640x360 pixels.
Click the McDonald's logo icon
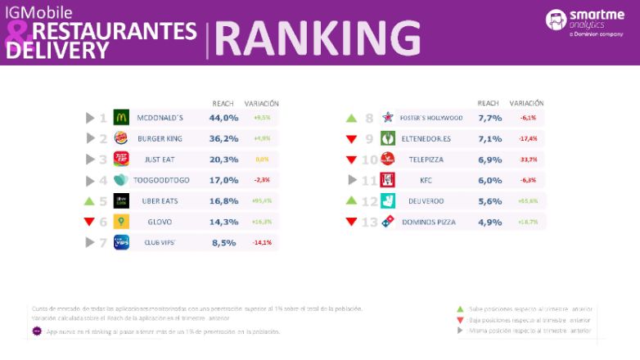(121, 118)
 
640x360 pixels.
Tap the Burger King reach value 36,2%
(223, 138)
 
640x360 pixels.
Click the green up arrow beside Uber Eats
(90, 200)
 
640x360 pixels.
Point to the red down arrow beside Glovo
(90, 222)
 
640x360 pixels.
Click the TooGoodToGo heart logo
(121, 180)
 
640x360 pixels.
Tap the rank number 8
(369, 118)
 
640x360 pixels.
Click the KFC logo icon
(388, 180)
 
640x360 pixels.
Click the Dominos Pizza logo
(388, 222)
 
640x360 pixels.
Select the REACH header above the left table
(223, 104)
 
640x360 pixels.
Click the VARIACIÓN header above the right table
(526, 104)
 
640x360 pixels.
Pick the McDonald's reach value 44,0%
(223, 118)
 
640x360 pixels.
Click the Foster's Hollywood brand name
(431, 118)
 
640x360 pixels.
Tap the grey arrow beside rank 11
(352, 180)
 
